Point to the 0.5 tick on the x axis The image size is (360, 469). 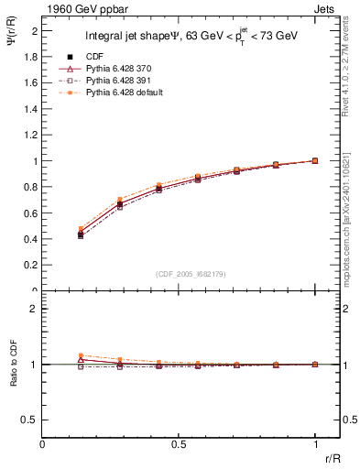point(179,443)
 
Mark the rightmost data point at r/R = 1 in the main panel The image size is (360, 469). point(315,160)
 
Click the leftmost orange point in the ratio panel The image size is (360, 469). point(81,355)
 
